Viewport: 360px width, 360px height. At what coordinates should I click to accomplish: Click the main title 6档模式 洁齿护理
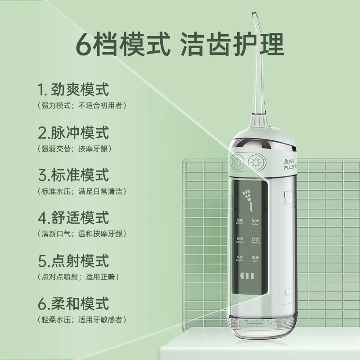(180, 44)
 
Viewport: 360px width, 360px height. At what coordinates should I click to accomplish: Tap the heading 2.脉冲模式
(74, 133)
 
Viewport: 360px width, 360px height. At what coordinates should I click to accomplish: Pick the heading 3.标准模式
(74, 175)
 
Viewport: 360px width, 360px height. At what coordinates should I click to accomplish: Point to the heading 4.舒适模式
(74, 218)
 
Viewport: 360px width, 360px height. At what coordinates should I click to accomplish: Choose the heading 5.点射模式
(74, 261)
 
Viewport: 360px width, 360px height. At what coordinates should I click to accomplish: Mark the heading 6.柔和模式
(74, 303)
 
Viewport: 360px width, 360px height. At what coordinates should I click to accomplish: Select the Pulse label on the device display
(256, 222)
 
